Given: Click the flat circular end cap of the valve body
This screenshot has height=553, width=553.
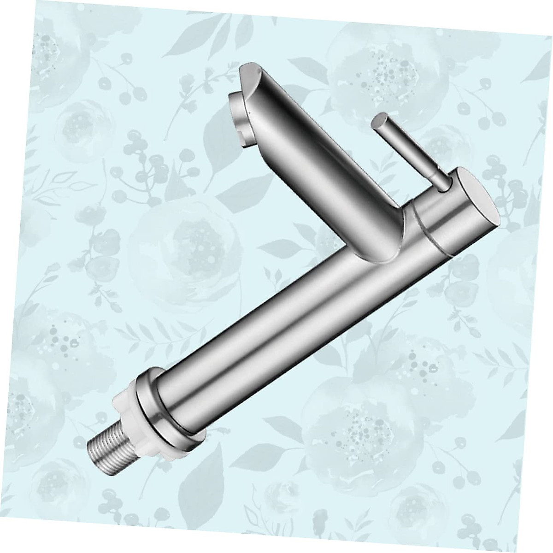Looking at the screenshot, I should tap(479, 203).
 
